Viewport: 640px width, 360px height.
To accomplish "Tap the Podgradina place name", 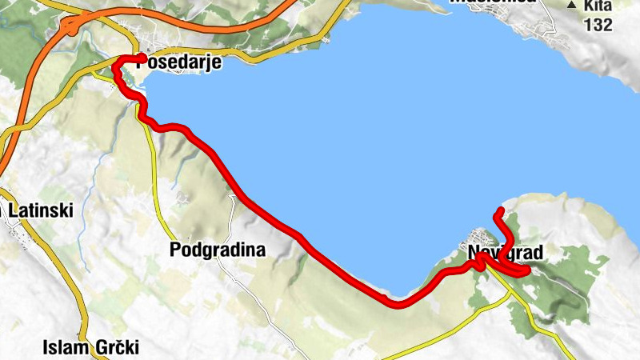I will coord(218,250).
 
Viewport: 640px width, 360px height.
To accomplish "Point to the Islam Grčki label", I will coord(91,348).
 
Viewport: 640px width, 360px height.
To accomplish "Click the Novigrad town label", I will coord(506,254).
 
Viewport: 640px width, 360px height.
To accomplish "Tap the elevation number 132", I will coord(598,25).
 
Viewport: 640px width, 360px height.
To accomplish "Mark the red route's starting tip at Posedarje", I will coord(142,58).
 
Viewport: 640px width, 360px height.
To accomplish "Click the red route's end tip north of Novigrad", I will coord(500,210).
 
